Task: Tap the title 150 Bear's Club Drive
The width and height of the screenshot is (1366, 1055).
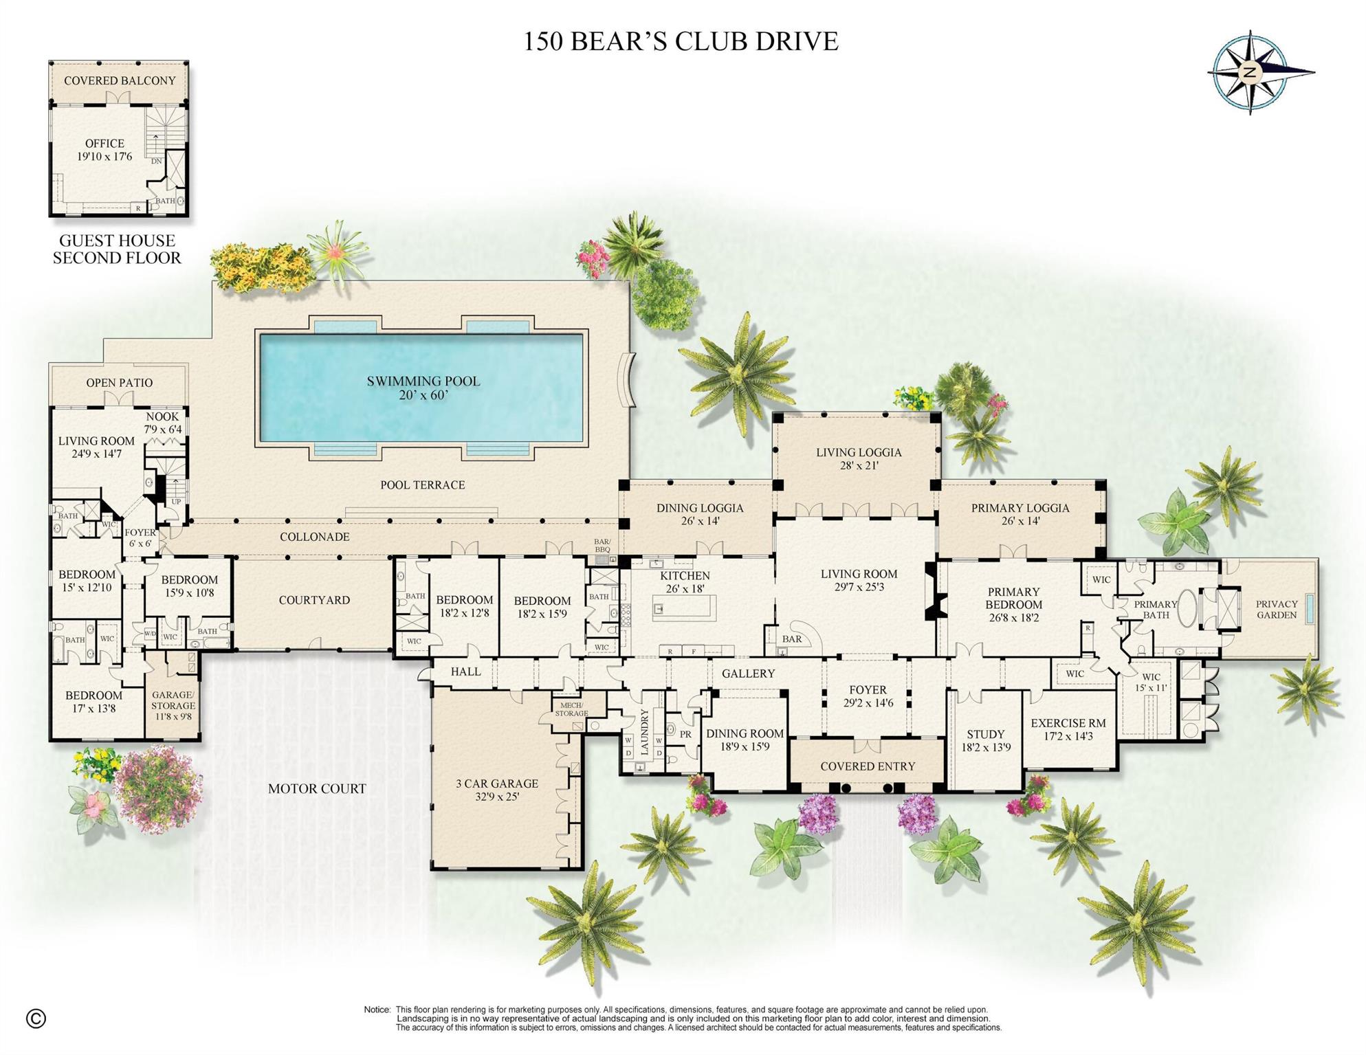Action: [x=681, y=41]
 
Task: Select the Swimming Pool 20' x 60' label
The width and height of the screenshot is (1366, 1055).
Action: [x=423, y=388]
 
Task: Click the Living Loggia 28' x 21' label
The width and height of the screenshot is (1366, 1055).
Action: [x=858, y=458]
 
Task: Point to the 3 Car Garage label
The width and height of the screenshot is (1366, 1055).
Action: [x=496, y=790]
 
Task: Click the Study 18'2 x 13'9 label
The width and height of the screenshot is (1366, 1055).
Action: [x=985, y=740]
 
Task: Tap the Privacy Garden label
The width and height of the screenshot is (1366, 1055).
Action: [x=1276, y=610]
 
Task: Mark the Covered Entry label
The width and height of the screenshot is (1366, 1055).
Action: [x=868, y=766]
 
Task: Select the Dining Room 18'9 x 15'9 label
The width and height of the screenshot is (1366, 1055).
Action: [x=745, y=740]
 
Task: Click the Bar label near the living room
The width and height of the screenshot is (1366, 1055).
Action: [x=791, y=639]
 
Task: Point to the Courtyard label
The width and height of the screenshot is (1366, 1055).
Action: [x=314, y=600]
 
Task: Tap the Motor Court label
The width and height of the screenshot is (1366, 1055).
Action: [x=316, y=788]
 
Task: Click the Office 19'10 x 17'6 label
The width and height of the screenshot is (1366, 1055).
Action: [x=104, y=150]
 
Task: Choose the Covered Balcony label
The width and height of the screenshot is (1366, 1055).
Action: [x=120, y=80]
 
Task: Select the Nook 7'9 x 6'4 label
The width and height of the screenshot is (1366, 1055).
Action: [x=162, y=423]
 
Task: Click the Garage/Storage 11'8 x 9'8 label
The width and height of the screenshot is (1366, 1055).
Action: [x=173, y=705]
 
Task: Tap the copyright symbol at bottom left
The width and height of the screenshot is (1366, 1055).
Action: [x=36, y=1018]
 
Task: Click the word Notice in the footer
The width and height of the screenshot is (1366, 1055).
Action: [x=377, y=1010]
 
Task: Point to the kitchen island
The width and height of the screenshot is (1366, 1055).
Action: [x=683, y=608]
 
